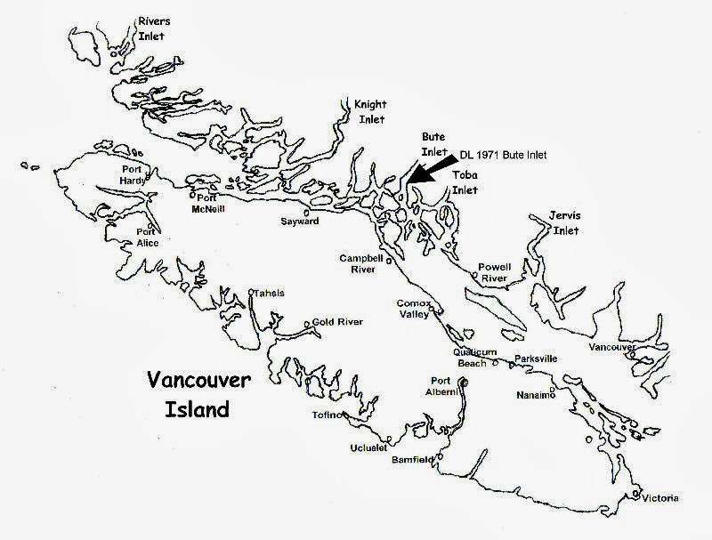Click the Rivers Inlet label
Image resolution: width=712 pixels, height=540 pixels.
pyautogui.click(x=150, y=27)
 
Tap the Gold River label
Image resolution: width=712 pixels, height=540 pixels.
pyautogui.click(x=335, y=323)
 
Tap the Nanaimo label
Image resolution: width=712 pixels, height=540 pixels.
pyautogui.click(x=535, y=395)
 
